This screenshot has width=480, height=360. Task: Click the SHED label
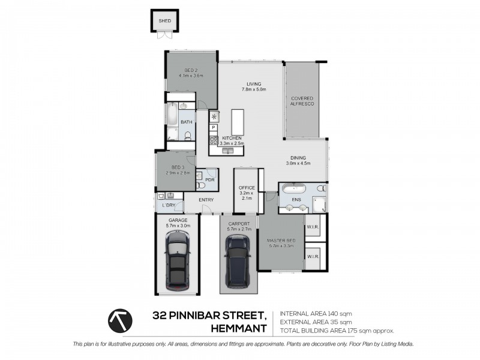click(164, 21)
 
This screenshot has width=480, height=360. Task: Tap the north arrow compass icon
click(120, 320)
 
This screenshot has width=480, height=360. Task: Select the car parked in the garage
click(178, 260)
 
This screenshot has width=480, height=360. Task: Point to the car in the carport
click(238, 261)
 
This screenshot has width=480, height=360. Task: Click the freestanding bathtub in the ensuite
click(294, 188)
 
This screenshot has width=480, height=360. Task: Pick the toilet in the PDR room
click(200, 185)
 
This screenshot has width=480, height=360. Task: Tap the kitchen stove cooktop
click(214, 140)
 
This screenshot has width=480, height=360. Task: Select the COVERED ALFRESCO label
click(302, 101)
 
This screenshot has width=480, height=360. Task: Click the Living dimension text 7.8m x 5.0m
click(254, 89)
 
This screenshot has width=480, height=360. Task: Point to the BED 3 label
click(178, 167)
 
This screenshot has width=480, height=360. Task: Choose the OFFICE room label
click(247, 188)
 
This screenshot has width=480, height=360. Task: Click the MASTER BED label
click(281, 241)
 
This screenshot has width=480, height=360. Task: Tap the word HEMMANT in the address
click(239, 328)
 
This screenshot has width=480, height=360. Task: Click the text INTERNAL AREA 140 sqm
click(316, 313)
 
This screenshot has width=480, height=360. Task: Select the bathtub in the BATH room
click(172, 114)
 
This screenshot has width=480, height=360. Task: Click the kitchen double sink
click(227, 151)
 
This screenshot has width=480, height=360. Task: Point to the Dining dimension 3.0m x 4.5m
click(298, 163)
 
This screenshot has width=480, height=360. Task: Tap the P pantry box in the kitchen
click(214, 127)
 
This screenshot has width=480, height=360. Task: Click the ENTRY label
click(206, 200)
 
